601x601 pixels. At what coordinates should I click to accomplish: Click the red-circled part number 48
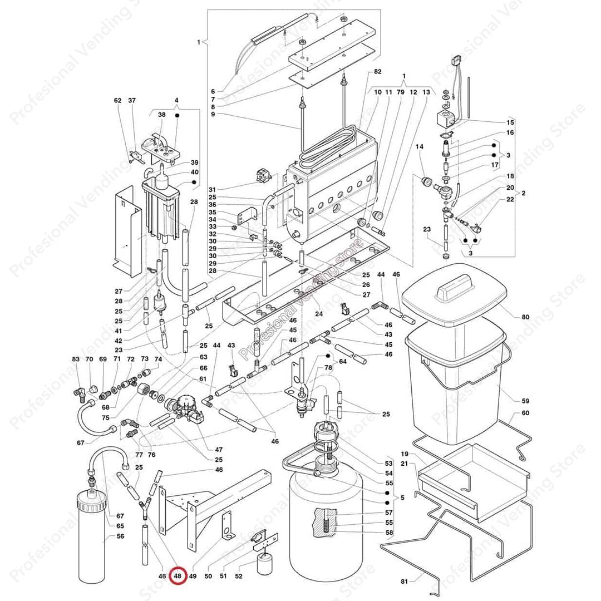tap(178, 577)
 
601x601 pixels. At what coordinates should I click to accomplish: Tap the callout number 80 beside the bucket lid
tap(525, 317)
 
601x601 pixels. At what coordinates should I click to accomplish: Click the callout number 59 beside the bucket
tap(525, 401)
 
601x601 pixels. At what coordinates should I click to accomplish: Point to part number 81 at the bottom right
tap(405, 582)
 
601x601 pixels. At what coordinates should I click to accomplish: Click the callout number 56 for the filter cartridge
tap(121, 536)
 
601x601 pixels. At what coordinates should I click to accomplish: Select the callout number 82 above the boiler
tap(378, 72)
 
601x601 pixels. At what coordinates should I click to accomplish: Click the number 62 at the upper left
tap(117, 101)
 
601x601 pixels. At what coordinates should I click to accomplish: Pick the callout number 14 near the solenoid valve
tap(419, 146)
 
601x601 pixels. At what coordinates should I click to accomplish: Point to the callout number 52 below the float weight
tap(239, 577)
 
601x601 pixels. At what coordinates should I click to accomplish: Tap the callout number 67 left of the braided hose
tap(81, 443)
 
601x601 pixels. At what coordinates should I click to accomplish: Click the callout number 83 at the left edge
tap(76, 359)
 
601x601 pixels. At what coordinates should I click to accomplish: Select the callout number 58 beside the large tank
tap(389, 533)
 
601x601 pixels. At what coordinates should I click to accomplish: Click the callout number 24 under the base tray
tap(319, 313)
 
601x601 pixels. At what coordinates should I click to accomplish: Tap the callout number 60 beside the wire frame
tap(525, 413)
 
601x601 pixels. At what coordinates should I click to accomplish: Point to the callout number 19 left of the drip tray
tap(405, 454)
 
